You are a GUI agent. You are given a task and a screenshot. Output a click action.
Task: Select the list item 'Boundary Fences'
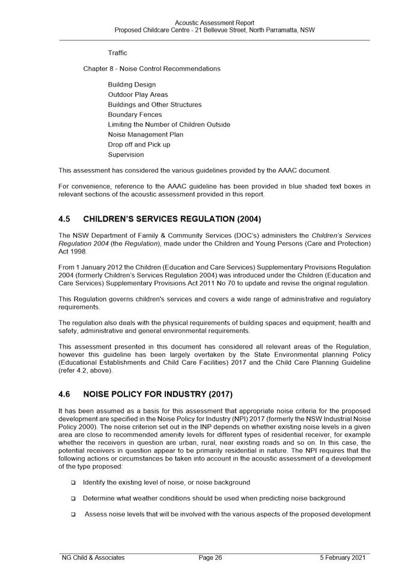point(134,114)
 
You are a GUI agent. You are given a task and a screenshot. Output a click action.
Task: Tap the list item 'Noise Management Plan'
point(145,134)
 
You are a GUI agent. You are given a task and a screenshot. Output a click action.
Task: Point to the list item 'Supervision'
point(126,154)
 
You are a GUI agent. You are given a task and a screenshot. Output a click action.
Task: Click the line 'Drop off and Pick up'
point(139,144)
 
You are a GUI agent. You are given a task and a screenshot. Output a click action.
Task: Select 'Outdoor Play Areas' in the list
point(138,95)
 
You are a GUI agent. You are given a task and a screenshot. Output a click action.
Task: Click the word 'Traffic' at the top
point(117,53)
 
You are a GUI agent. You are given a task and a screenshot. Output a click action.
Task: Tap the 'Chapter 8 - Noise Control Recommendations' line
point(151,69)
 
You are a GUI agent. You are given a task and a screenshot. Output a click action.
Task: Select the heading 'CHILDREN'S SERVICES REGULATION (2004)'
point(172,218)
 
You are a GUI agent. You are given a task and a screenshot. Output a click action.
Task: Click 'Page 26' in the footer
point(210,558)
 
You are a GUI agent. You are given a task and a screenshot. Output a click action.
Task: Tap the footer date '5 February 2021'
point(342,558)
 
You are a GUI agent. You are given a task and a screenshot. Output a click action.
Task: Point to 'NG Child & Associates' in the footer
point(93,558)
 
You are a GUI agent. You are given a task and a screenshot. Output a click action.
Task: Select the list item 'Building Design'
point(132,84)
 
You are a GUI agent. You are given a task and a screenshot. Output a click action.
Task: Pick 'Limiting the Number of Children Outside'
point(169,125)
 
